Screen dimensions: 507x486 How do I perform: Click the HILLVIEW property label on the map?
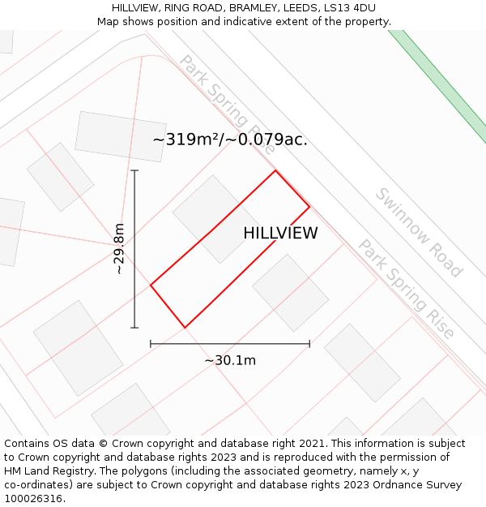point(280,234)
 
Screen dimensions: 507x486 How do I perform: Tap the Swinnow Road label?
point(418,233)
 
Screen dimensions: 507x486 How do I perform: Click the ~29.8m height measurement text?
point(119,248)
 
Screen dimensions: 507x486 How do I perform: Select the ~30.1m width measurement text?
point(230,360)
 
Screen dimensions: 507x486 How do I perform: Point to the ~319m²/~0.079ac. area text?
point(230,140)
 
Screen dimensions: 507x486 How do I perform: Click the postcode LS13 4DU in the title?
point(349,8)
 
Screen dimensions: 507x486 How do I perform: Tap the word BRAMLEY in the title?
point(255,8)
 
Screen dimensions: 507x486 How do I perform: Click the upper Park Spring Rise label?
point(228,104)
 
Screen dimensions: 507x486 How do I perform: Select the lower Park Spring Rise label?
point(407,289)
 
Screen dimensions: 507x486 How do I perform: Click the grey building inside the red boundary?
point(215,218)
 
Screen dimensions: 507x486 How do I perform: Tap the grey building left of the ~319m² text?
point(120,136)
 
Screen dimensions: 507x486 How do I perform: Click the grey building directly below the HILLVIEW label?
point(290,292)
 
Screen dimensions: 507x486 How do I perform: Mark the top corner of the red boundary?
point(275,170)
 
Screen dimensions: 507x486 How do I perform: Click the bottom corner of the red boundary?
point(185,328)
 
